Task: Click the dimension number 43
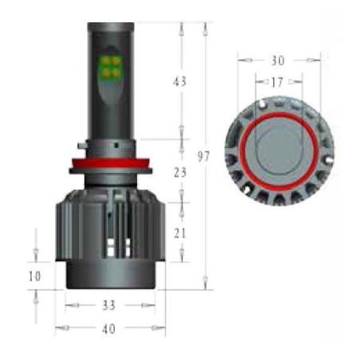point(180,81)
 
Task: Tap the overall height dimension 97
point(204,156)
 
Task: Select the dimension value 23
point(180,172)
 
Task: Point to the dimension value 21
point(180,233)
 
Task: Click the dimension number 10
point(35,276)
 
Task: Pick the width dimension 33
point(109,305)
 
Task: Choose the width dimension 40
point(109,329)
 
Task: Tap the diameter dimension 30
point(278,61)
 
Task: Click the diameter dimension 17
point(277,82)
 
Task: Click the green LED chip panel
point(111,66)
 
